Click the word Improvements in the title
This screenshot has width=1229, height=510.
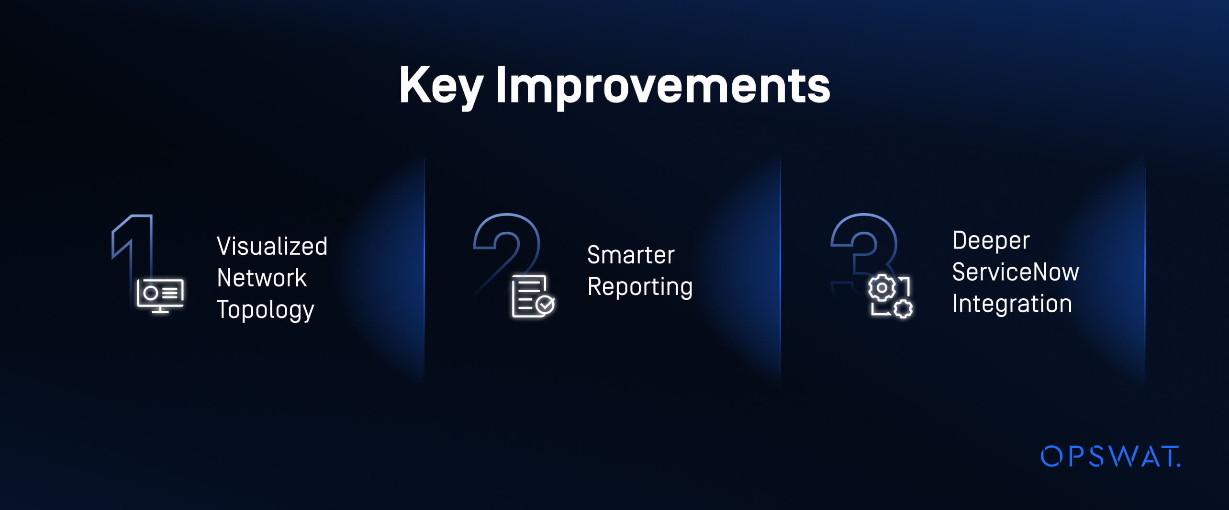click(663, 86)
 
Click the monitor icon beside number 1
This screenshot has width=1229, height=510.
click(160, 296)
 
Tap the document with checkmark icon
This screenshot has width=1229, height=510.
click(533, 296)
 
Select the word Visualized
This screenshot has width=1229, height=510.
click(272, 246)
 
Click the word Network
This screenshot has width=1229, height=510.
click(262, 278)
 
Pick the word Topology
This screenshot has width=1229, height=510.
click(266, 310)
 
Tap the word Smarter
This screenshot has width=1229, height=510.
click(631, 255)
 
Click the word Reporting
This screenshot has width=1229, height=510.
click(640, 287)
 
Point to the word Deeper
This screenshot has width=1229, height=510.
click(991, 241)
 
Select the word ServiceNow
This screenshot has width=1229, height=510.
click(1016, 272)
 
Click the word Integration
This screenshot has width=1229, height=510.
click(1012, 304)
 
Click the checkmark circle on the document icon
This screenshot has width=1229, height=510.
click(545, 305)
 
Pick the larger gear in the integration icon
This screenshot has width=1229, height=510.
click(882, 288)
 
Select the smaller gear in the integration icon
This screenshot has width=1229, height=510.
click(903, 308)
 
